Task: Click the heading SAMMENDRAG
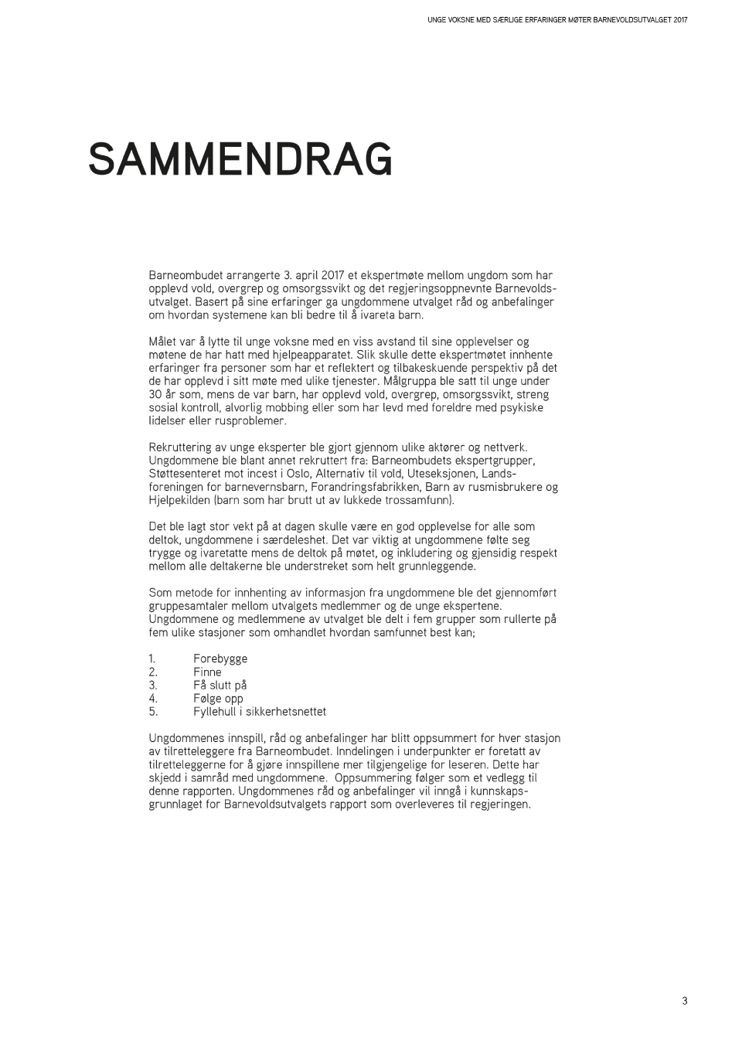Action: click(x=240, y=160)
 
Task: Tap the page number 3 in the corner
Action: click(x=684, y=1001)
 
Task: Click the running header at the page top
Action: click(x=556, y=20)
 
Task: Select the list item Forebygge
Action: click(x=220, y=658)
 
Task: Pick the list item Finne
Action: click(x=207, y=672)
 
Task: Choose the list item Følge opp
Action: click(x=218, y=698)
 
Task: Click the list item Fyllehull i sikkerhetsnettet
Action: click(x=259, y=711)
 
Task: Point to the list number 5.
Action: click(x=152, y=711)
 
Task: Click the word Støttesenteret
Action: click(x=186, y=474)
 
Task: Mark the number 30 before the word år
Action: click(x=155, y=394)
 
